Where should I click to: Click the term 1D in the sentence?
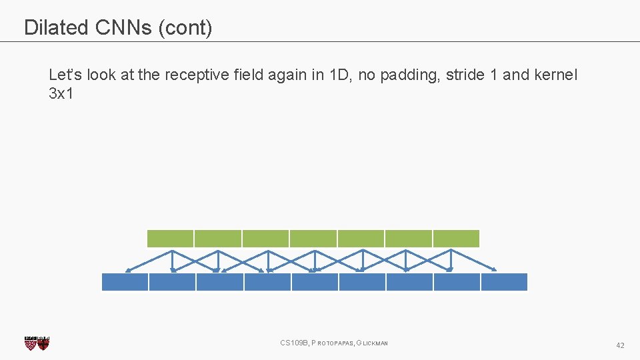338,75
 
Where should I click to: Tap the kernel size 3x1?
61,93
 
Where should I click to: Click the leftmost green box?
170,238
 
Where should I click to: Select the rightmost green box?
456,238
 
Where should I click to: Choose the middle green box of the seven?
313,238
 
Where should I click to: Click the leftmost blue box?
125,282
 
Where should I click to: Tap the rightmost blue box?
504,282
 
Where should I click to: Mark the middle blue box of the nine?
315,282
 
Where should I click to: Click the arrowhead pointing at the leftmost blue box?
128,270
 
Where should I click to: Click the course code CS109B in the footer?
294,343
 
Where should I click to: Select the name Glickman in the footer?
373,343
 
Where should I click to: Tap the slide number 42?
620,345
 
